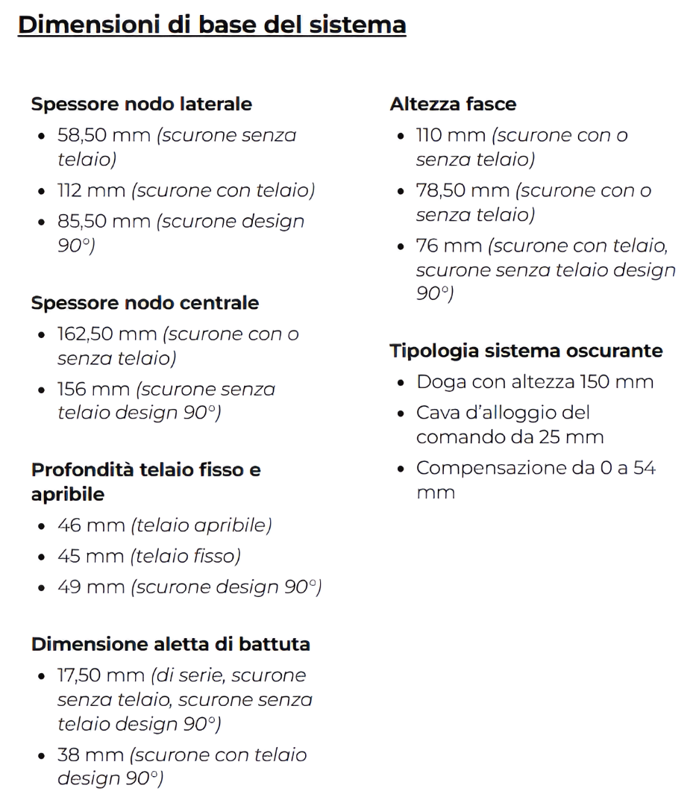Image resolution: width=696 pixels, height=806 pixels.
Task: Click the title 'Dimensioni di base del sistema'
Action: pyautogui.click(x=212, y=25)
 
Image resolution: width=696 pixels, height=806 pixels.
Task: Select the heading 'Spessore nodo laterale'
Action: pyautogui.click(x=142, y=104)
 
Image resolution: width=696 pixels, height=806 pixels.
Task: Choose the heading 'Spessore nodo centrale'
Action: pyautogui.click(x=145, y=303)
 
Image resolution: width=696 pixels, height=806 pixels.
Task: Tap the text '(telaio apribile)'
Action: pyautogui.click(x=201, y=525)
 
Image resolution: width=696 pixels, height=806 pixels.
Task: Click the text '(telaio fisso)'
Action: pyautogui.click(x=186, y=556)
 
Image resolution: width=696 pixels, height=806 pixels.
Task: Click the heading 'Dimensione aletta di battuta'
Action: pyautogui.click(x=171, y=644)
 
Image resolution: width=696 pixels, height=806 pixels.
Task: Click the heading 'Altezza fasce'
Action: pyautogui.click(x=453, y=104)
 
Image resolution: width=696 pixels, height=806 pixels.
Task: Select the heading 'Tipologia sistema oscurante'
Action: pyautogui.click(x=526, y=351)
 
